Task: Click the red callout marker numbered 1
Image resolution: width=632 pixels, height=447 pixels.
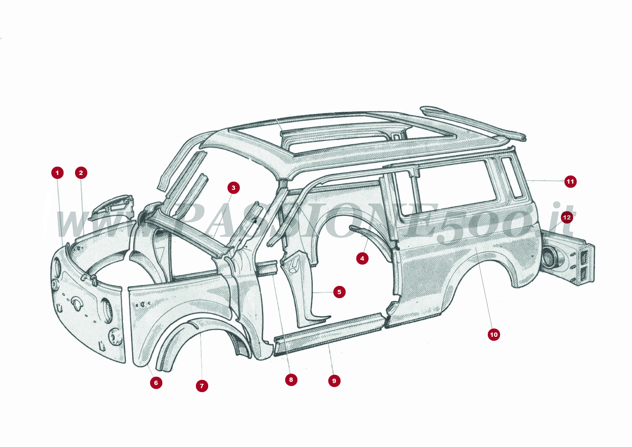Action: pyautogui.click(x=57, y=173)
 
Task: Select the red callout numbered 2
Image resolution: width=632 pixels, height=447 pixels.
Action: pyautogui.click(x=81, y=173)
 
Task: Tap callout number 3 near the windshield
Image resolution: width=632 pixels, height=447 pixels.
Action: pyautogui.click(x=233, y=188)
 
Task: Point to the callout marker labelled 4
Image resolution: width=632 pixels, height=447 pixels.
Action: pyautogui.click(x=362, y=259)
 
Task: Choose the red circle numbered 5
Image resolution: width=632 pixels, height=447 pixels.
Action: pyautogui.click(x=339, y=292)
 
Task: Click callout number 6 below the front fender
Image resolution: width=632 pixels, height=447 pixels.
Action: pyautogui.click(x=156, y=382)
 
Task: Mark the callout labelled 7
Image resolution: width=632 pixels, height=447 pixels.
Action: pyautogui.click(x=202, y=386)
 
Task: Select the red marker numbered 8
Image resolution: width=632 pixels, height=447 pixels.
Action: pyautogui.click(x=291, y=380)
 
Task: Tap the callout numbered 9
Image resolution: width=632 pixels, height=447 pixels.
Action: pyautogui.click(x=334, y=381)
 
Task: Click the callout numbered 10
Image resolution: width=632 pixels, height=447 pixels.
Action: pyautogui.click(x=494, y=334)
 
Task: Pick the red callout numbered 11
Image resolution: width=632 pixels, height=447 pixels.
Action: pyautogui.click(x=570, y=182)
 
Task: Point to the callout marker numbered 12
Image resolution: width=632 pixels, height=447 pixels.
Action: pyautogui.click(x=567, y=217)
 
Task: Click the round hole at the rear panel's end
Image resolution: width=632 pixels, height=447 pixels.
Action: pyautogui.click(x=549, y=257)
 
